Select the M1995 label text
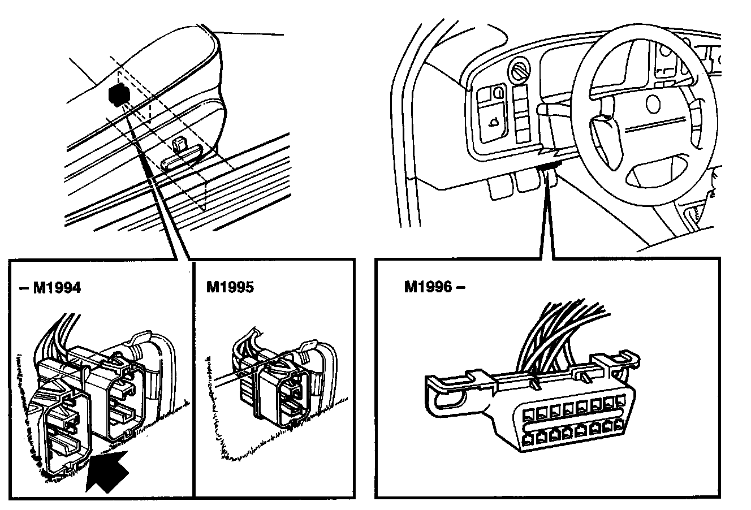(x=230, y=288)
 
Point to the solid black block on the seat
(x=117, y=94)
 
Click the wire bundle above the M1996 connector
(x=566, y=334)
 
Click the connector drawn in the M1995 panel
(x=277, y=384)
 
